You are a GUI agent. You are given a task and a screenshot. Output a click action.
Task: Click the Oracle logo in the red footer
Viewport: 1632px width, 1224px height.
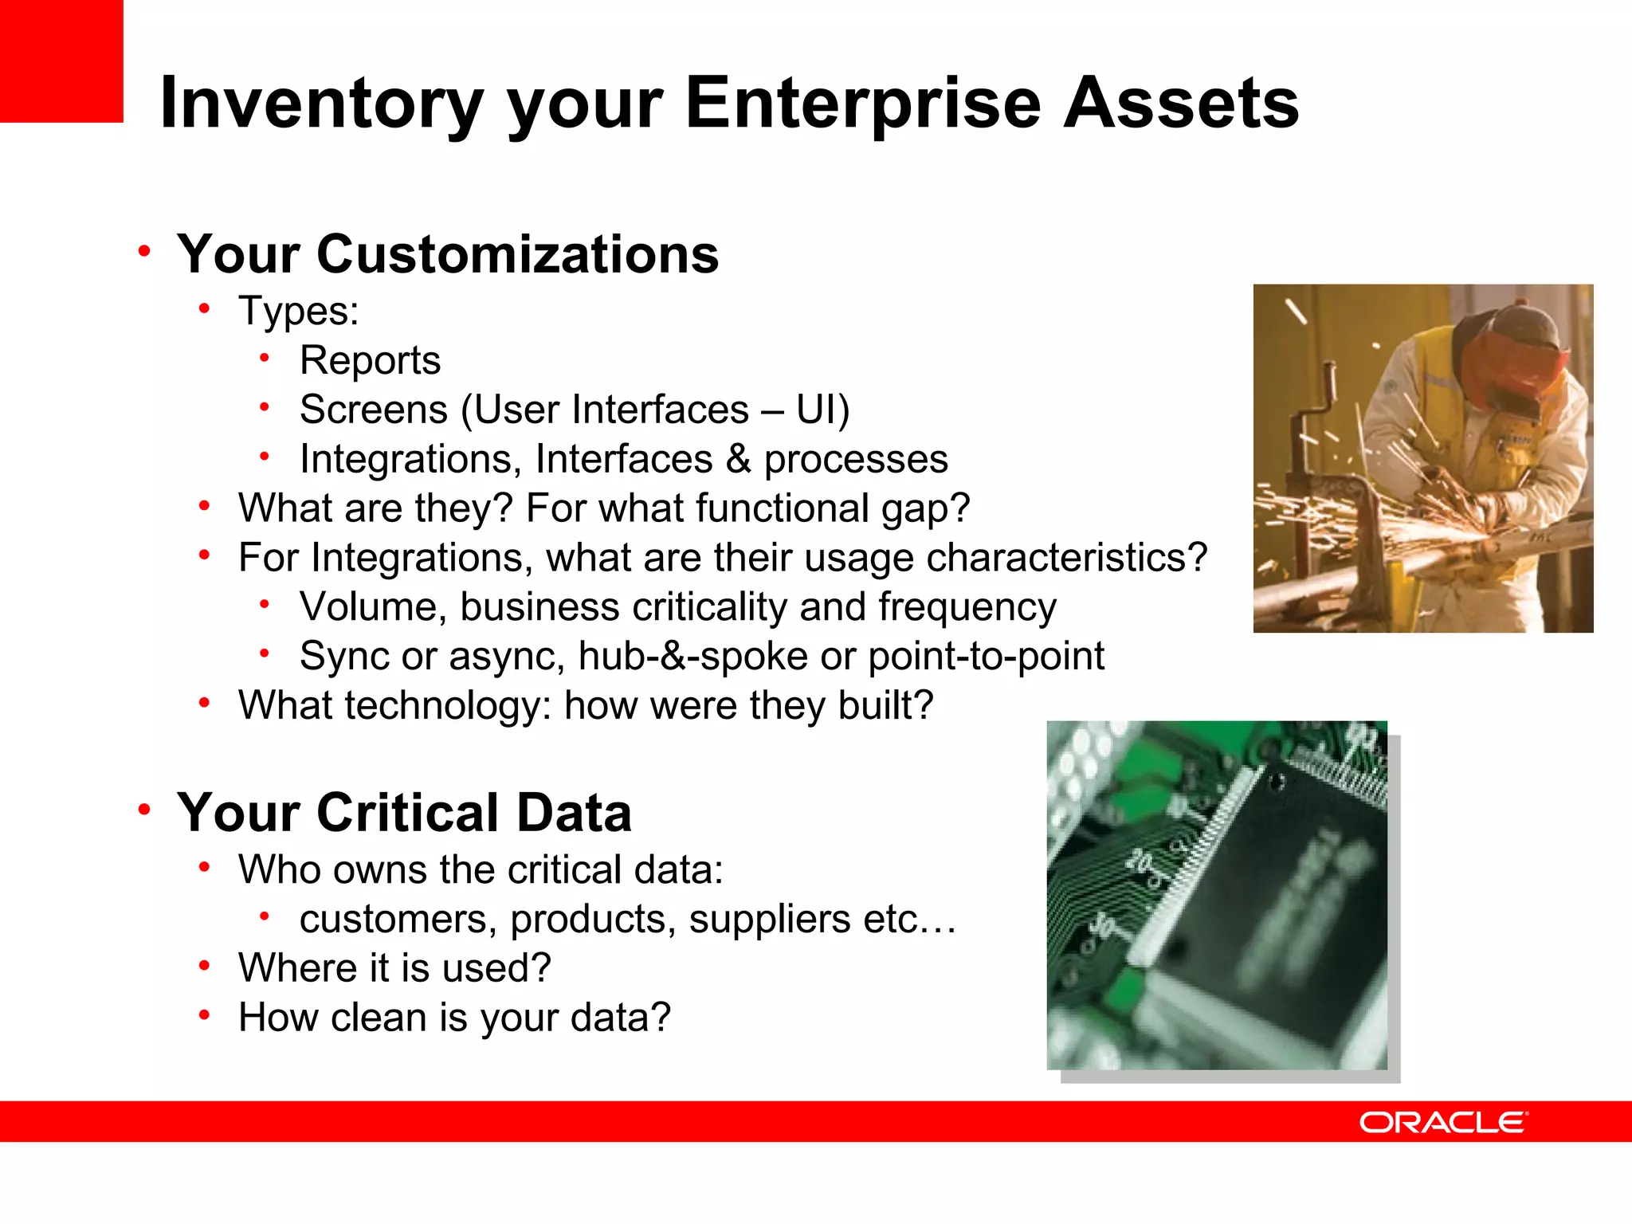click(1443, 1122)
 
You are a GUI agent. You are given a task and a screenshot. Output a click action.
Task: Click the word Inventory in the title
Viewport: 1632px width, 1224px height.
click(322, 104)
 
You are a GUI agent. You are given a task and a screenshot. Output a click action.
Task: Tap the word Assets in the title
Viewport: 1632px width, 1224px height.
click(1181, 104)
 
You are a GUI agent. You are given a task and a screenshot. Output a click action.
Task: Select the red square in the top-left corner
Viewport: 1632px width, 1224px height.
click(61, 61)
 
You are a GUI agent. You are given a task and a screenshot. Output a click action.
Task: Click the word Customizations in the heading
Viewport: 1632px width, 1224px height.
click(518, 255)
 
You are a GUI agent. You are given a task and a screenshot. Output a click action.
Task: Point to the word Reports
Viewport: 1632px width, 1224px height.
click(370, 360)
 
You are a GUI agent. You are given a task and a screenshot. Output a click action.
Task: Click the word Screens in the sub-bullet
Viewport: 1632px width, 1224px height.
click(373, 410)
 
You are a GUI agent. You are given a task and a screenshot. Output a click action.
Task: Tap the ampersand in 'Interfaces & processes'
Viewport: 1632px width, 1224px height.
click(738, 459)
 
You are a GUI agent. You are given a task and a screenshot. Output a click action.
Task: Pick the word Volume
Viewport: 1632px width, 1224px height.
click(373, 607)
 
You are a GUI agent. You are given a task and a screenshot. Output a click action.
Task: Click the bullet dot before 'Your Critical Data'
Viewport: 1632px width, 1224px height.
click(144, 810)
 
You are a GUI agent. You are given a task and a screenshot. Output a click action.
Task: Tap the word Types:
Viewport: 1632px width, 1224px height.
click(298, 311)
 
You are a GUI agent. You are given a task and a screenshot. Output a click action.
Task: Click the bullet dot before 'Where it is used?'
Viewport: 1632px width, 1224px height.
click(205, 967)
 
